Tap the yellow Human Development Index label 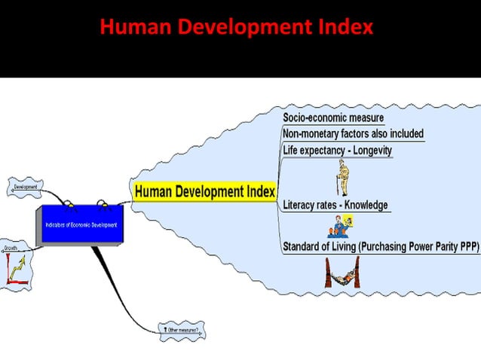click(x=204, y=191)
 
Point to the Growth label click(x=11, y=248)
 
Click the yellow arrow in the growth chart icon click(x=21, y=266)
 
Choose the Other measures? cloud click(x=182, y=329)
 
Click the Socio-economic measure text click(x=332, y=117)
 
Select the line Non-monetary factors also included click(x=353, y=134)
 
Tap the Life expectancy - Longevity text click(x=337, y=151)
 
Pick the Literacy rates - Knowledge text click(x=335, y=205)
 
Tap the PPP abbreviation click(x=467, y=246)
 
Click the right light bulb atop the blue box click(x=105, y=203)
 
